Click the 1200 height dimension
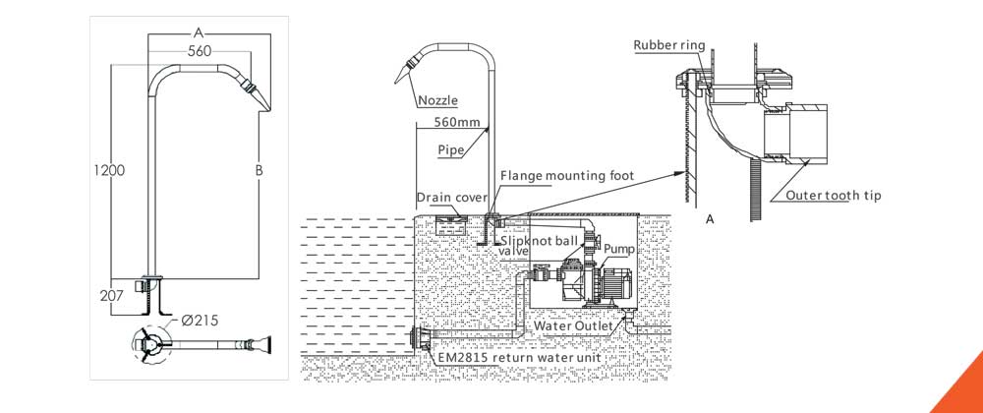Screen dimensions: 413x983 tap(111, 170)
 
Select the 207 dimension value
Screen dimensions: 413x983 tap(111, 294)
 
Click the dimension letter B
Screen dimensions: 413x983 tap(259, 170)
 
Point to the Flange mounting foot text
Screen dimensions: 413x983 tap(567, 176)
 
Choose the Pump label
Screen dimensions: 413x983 tap(618, 251)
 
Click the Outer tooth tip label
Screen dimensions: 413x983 tap(834, 196)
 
